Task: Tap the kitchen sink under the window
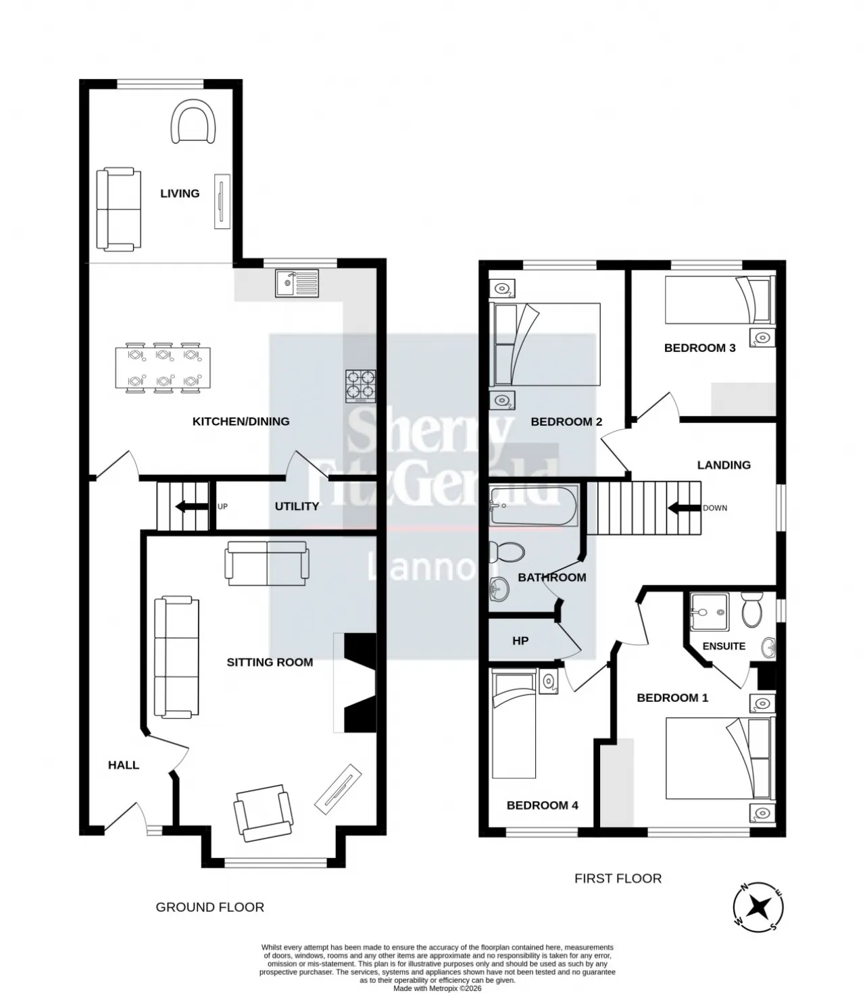point(297,283)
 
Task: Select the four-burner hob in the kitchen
point(361,386)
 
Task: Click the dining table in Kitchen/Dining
point(163,367)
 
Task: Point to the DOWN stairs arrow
point(685,508)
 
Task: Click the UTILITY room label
point(297,506)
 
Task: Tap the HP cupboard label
point(520,641)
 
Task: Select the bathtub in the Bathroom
point(533,505)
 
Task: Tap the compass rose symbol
point(758,907)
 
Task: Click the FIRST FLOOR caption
point(618,878)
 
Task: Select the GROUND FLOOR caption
point(209,907)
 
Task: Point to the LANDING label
point(724,465)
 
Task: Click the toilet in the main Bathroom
point(507,552)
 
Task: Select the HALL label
point(123,765)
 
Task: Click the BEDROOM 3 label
point(699,347)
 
